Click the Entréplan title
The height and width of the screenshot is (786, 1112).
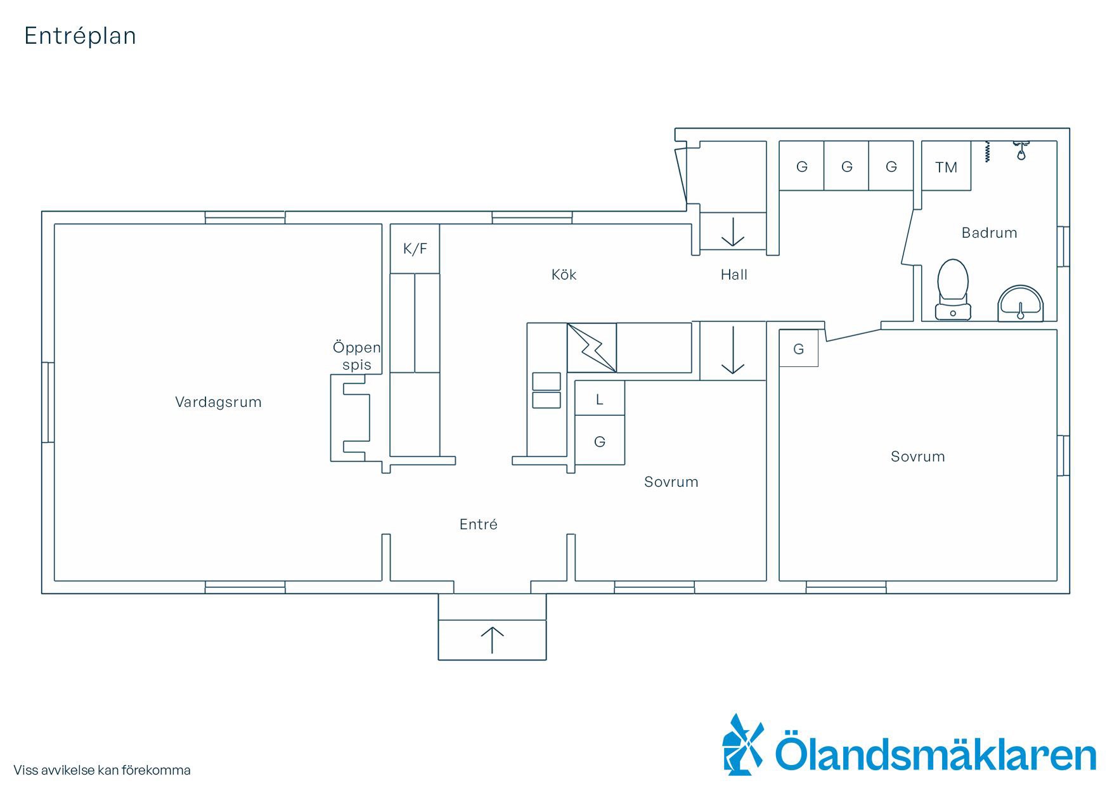tap(80, 36)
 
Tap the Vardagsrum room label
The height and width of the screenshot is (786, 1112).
tap(218, 402)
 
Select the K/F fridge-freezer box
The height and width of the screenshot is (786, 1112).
tap(415, 248)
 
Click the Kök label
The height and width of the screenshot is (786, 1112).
tap(564, 274)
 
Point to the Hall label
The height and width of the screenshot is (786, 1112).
tap(734, 274)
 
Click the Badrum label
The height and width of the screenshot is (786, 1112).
tap(989, 233)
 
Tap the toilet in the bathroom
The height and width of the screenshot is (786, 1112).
tap(953, 289)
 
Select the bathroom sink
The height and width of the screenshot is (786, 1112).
tap(1020, 304)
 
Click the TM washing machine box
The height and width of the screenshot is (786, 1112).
tap(946, 166)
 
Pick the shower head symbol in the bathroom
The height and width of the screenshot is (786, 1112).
tap(1021, 151)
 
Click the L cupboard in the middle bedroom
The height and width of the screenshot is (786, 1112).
tap(599, 398)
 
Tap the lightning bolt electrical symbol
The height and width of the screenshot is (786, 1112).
tap(592, 347)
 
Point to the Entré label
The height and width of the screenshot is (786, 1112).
tap(478, 524)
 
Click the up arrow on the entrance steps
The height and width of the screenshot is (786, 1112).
tap(492, 640)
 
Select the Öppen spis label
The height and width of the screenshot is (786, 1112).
tap(356, 356)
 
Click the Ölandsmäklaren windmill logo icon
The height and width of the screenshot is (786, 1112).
tap(742, 745)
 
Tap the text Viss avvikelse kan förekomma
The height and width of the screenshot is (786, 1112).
tap(102, 770)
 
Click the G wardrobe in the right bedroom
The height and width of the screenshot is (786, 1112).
tap(799, 348)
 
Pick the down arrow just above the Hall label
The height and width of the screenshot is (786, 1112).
tap(733, 232)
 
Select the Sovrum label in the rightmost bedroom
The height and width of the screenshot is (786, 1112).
tap(917, 456)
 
